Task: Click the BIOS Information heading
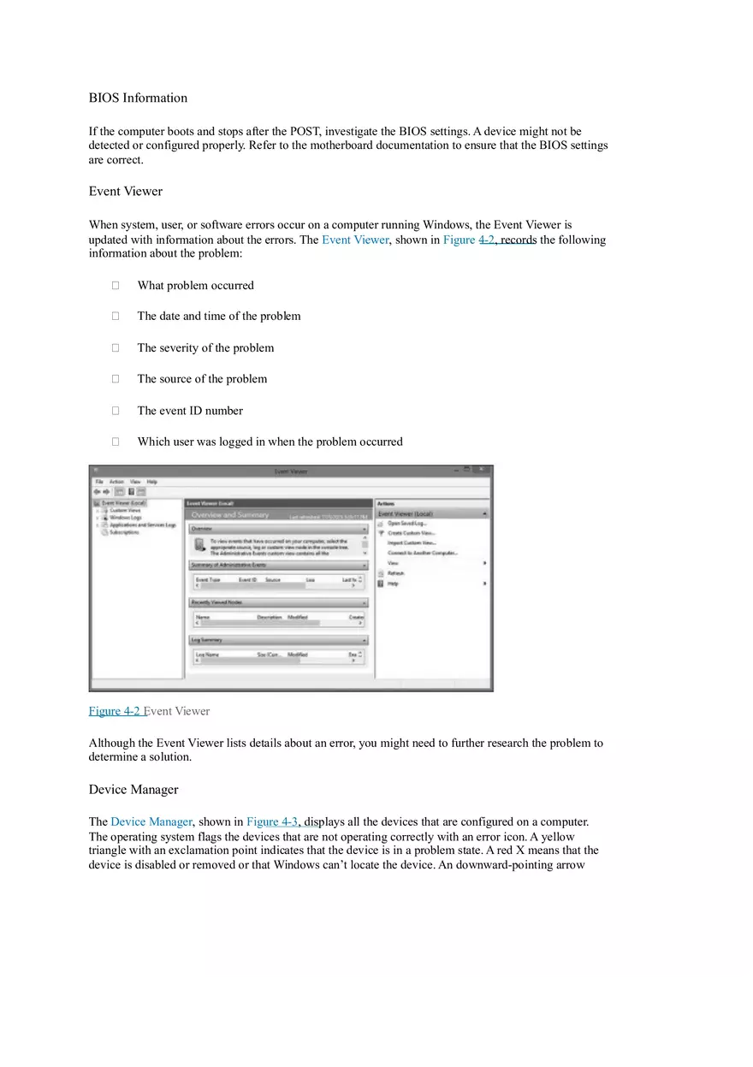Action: point(138,98)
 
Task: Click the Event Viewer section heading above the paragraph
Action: point(125,191)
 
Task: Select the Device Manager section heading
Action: point(133,789)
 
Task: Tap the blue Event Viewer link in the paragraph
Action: point(354,240)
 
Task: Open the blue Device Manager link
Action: point(151,821)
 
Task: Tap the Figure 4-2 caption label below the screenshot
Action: point(115,711)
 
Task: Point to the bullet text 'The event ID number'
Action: point(190,411)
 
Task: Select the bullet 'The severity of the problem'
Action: point(205,348)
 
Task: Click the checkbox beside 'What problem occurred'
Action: point(115,286)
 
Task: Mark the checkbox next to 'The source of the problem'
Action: point(115,379)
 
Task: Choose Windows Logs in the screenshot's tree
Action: point(125,518)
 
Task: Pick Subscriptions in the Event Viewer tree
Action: point(124,531)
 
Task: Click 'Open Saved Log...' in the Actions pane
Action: point(406,523)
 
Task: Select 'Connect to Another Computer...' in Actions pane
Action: point(422,553)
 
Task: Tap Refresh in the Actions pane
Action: point(395,573)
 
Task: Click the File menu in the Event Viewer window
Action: point(99,482)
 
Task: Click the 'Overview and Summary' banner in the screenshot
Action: point(229,515)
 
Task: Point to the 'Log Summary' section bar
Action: point(207,640)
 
